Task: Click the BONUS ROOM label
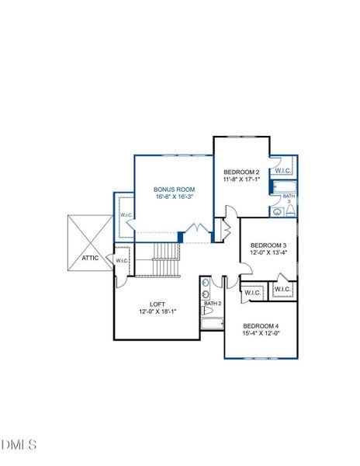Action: [x=174, y=190]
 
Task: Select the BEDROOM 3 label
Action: [x=268, y=245]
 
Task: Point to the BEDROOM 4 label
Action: [x=261, y=325]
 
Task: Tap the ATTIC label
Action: [x=90, y=258]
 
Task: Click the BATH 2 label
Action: [x=213, y=303]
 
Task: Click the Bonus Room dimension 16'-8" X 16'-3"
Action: [x=174, y=197]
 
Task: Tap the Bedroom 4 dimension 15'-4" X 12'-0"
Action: [x=261, y=333]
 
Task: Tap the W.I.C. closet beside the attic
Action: [x=122, y=261]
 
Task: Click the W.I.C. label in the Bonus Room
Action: [x=125, y=215]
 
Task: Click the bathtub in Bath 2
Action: [x=212, y=321]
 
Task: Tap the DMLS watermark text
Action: [x=19, y=444]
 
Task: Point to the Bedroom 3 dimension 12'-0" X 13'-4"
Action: [x=268, y=252]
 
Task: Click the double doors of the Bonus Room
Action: [x=198, y=231]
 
